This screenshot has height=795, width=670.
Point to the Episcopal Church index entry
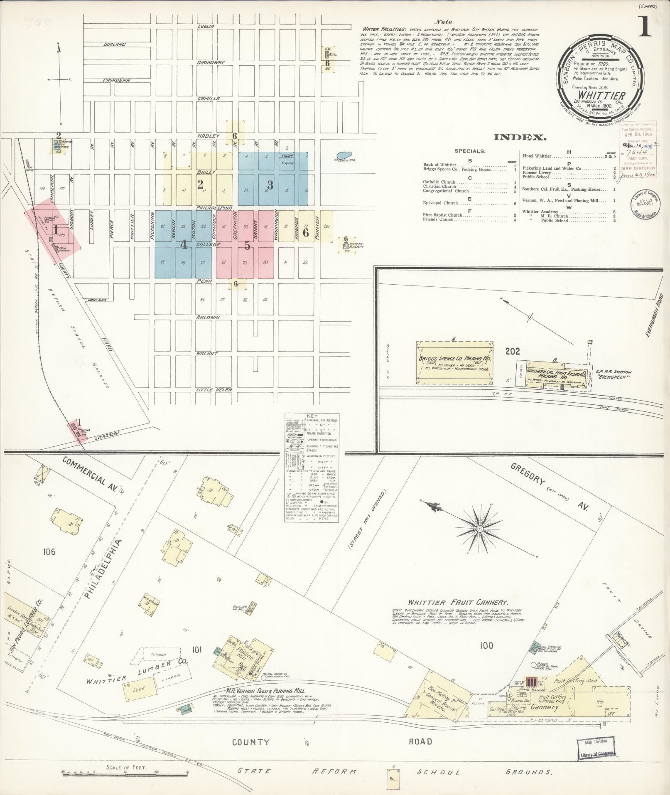pos(440,203)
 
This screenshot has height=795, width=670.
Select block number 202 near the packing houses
pos(513,352)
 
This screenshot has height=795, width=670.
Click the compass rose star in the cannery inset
pos(479,529)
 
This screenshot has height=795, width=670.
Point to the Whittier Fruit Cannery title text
pos(458,602)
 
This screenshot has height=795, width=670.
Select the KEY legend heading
pos(311,416)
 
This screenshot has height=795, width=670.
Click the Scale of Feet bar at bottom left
pos(125,772)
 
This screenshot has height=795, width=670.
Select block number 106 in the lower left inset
pos(48,552)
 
